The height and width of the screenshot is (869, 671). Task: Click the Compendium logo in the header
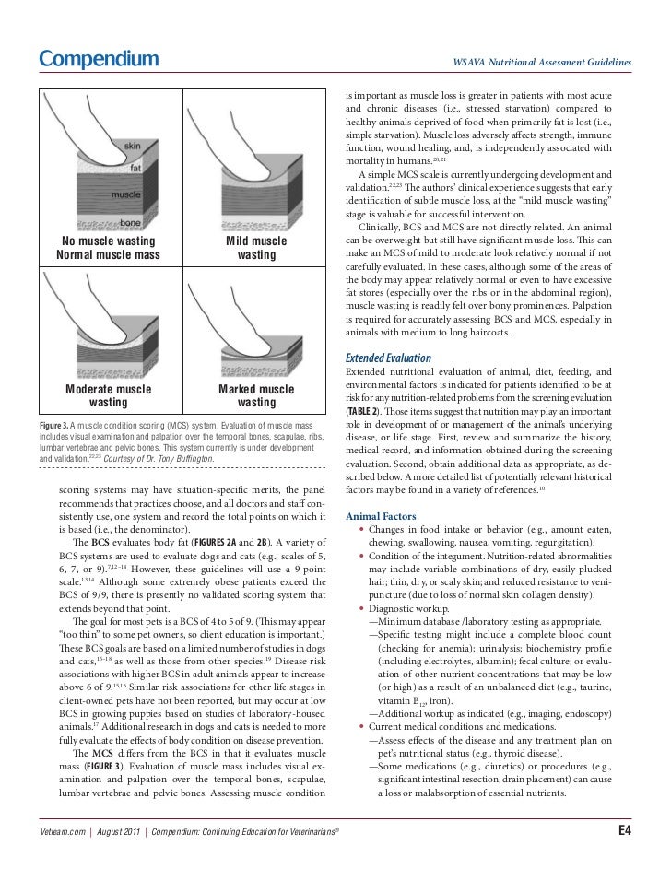tap(99, 61)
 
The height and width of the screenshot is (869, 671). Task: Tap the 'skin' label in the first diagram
tap(133, 147)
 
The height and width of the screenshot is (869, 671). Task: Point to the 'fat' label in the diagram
tap(135, 168)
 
